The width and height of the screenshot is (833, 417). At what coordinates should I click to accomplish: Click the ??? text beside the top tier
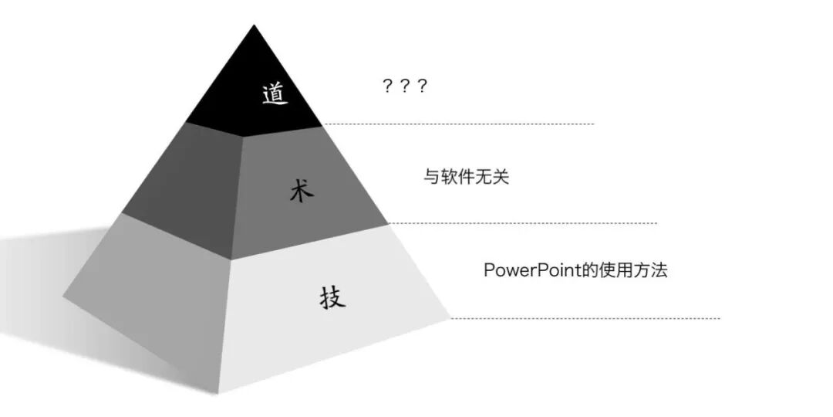point(405,86)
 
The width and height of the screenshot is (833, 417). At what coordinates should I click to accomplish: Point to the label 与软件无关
point(466,177)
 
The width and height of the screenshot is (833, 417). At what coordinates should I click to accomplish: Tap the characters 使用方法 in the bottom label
point(634,270)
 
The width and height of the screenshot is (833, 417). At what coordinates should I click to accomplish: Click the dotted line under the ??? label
point(463,124)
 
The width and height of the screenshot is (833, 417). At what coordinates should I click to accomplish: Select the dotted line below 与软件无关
point(524,223)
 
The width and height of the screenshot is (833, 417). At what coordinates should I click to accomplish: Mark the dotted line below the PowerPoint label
point(586,317)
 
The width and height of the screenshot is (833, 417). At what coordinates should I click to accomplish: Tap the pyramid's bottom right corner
point(449,317)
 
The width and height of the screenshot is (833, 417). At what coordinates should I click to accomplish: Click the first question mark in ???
point(388,86)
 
